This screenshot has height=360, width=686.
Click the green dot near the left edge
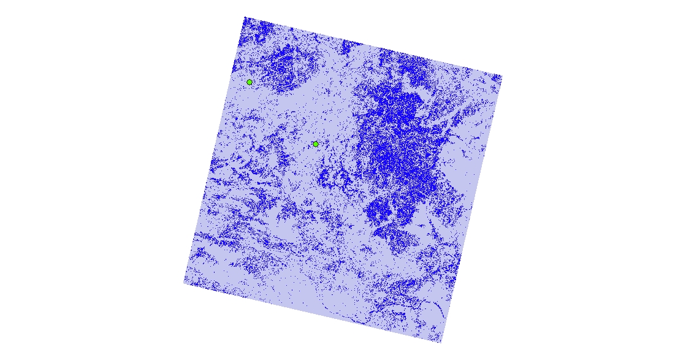[250, 82]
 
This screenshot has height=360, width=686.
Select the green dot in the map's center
[316, 144]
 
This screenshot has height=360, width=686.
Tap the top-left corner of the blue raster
[245, 17]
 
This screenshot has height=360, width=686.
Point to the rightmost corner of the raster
[502, 77]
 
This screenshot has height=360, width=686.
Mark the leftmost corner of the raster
[184, 283]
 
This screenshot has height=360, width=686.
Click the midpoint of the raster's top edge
[373, 47]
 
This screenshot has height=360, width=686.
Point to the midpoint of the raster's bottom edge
[313, 313]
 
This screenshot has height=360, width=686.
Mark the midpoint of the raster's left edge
[215, 150]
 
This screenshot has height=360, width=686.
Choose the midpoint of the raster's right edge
[471, 210]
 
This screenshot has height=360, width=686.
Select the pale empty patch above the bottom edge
[307, 294]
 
